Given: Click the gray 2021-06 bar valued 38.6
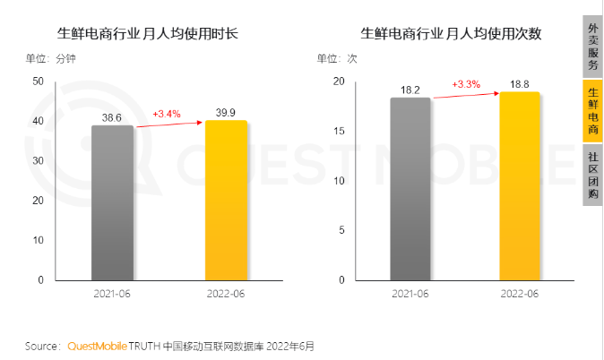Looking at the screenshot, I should (x=112, y=202).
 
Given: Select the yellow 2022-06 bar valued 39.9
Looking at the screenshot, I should (x=226, y=200).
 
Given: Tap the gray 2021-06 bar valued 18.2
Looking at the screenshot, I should (x=410, y=188).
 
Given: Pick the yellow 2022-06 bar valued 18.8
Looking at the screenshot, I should (x=520, y=185).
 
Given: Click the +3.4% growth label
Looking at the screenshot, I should (x=167, y=114).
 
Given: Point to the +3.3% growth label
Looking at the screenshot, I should (x=466, y=84).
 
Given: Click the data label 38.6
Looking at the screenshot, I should (x=112, y=116).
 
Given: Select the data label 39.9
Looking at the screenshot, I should (x=227, y=111).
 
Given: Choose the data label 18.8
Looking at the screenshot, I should (x=520, y=84).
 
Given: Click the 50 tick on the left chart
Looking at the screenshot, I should (x=38, y=81).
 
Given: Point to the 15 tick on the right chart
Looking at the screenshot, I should (x=339, y=131).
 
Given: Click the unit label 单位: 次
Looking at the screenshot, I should (x=337, y=59).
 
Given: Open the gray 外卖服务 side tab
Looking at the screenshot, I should (x=593, y=42).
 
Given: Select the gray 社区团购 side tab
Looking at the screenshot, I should (x=593, y=174).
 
